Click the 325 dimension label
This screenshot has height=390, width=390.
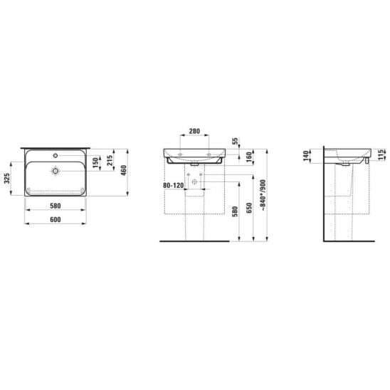7,179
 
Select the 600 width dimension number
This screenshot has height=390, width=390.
56,220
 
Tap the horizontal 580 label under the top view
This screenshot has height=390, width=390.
56,206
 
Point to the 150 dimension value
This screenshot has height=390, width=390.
96,163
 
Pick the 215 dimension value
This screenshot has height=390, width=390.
110,160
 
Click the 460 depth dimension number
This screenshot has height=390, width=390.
124,170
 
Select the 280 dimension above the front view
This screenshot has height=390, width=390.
194,131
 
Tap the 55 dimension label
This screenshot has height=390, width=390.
235,142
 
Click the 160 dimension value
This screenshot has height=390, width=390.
249,157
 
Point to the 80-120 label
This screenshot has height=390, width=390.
174,185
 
